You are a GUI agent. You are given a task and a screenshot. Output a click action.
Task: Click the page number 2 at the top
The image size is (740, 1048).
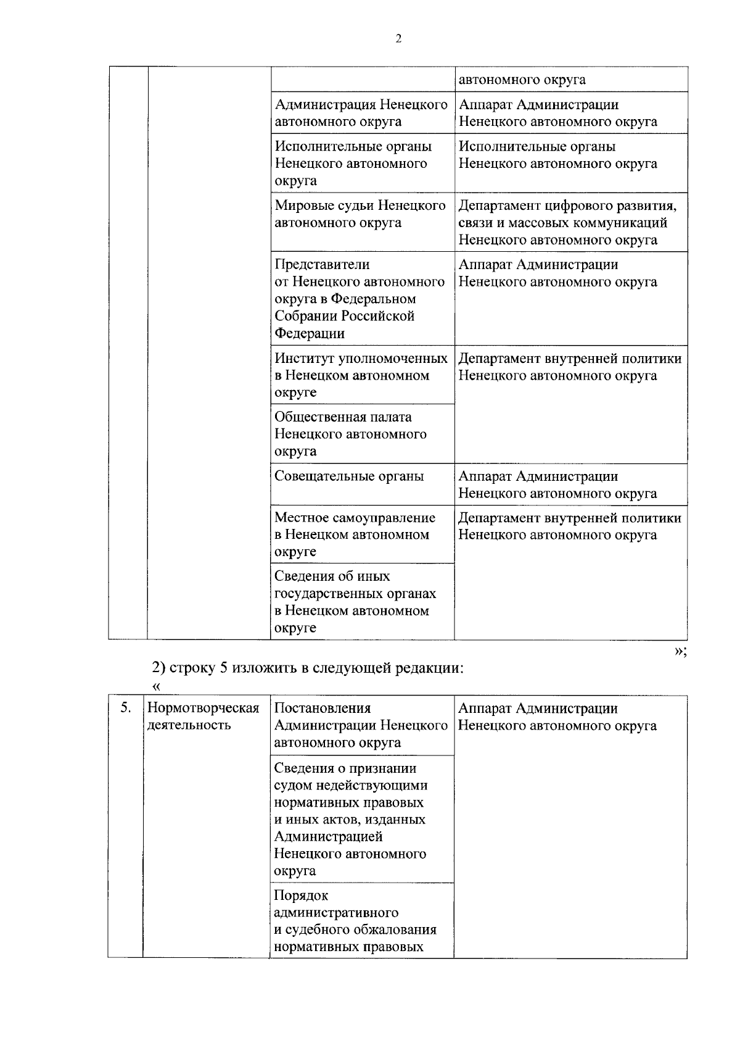point(398,39)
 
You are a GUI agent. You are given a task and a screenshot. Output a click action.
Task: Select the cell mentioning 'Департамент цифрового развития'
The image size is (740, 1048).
point(570,222)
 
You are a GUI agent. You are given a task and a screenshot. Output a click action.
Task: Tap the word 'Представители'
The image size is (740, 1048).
point(322,265)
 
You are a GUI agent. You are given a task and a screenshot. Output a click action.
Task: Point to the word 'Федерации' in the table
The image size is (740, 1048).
point(310,334)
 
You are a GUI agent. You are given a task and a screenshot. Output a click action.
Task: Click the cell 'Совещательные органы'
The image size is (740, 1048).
point(349,476)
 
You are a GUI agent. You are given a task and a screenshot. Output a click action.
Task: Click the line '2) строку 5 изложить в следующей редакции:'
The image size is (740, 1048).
point(308,668)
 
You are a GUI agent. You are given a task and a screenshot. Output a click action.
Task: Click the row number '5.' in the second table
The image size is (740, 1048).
point(125,708)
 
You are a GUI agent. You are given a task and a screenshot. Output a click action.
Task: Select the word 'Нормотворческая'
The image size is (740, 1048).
point(203,708)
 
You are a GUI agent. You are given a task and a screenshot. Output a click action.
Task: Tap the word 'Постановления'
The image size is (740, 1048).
point(323,709)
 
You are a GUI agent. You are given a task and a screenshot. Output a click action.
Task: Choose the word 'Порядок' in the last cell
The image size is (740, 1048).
point(301,896)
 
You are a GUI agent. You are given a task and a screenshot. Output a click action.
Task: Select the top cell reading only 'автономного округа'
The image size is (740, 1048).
point(570,80)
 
